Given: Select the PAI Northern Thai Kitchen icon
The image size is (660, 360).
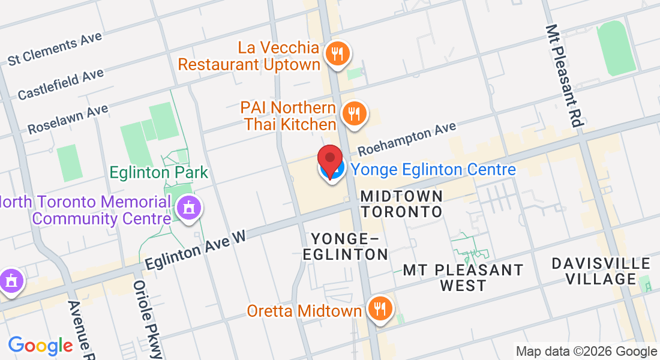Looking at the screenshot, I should [x=354, y=112].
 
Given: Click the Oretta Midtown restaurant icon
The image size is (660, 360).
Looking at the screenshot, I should [x=379, y=308].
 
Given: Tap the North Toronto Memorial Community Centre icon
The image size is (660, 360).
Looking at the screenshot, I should [x=190, y=208].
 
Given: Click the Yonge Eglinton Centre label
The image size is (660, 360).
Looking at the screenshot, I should [x=433, y=170].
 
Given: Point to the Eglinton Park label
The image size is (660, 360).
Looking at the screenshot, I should [x=158, y=173].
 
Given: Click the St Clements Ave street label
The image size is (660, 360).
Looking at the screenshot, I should [x=55, y=49].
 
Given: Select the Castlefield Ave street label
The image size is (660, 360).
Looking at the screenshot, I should [x=61, y=84].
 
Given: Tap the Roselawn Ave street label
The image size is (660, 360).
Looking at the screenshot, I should [x=68, y=119].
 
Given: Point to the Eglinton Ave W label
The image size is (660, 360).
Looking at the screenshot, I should [x=196, y=247].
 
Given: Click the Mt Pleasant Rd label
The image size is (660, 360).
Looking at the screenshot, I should [x=564, y=75].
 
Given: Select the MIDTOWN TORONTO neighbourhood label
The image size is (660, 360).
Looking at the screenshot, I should [x=402, y=204].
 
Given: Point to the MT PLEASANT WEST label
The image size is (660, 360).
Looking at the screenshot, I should [x=463, y=278].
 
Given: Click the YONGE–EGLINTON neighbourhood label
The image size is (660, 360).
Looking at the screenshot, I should [x=345, y=247].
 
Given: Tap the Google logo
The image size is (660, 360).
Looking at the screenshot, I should [x=40, y=346].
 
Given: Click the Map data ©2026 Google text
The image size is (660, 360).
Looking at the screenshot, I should [x=587, y=352].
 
